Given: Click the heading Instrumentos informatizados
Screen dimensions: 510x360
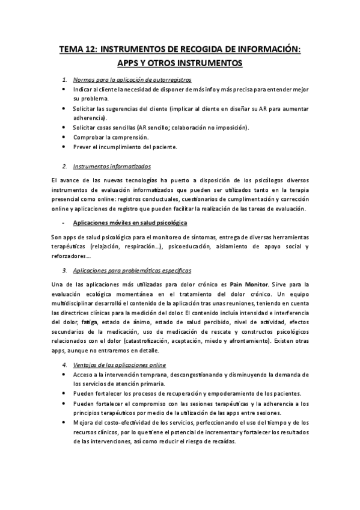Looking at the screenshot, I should [111, 166].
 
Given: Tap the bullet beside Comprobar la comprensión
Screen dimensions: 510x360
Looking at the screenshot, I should [64, 137].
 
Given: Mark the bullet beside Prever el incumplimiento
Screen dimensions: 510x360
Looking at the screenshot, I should [64, 147].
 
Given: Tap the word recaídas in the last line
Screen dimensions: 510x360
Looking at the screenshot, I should [222, 441].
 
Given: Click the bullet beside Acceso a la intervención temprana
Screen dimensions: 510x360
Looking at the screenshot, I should [64, 375].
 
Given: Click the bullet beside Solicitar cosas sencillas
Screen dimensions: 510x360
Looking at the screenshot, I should [64, 127].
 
